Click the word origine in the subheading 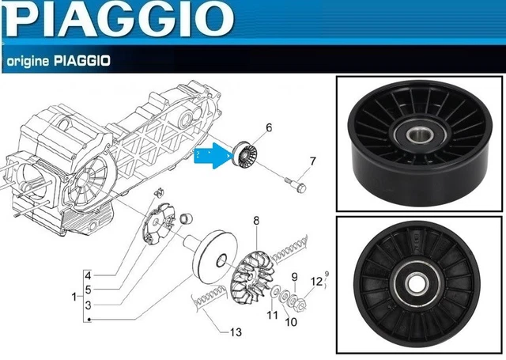28,61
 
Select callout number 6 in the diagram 269,127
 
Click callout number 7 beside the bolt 312,161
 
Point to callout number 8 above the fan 256,221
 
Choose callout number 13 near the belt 236,332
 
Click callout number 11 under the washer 272,314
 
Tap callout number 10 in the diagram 291,321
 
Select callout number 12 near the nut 316,282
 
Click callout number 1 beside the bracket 74,297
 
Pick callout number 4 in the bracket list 88,275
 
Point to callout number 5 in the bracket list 88,290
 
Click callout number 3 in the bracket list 88,305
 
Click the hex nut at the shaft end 300,305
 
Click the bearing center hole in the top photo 420,135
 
